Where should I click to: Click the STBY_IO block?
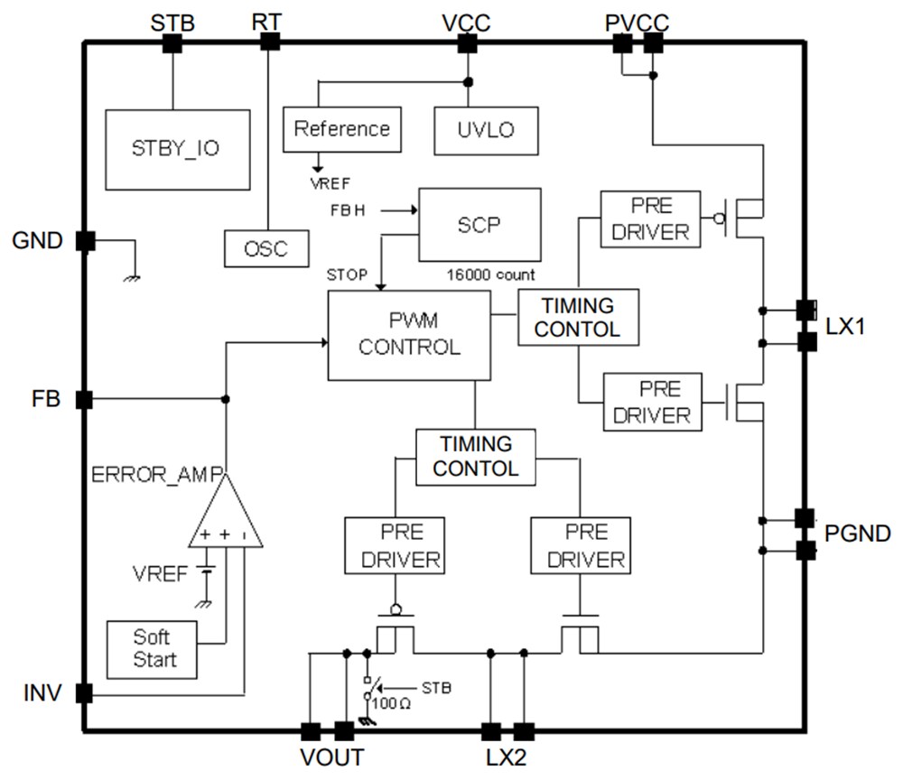(177, 150)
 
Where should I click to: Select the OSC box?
(266, 246)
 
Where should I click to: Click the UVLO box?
(486, 129)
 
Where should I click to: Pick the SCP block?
(479, 224)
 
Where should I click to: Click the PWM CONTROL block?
(409, 335)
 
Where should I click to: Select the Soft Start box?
(154, 647)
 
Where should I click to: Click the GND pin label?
(37, 241)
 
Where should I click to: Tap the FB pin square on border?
(84, 399)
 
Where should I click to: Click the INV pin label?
(41, 693)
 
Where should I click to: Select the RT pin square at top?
(269, 42)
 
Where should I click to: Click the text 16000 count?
(490, 274)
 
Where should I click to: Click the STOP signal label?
(347, 274)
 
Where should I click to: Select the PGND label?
(857, 534)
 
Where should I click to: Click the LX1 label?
(845, 327)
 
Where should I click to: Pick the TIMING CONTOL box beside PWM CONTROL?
(578, 317)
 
